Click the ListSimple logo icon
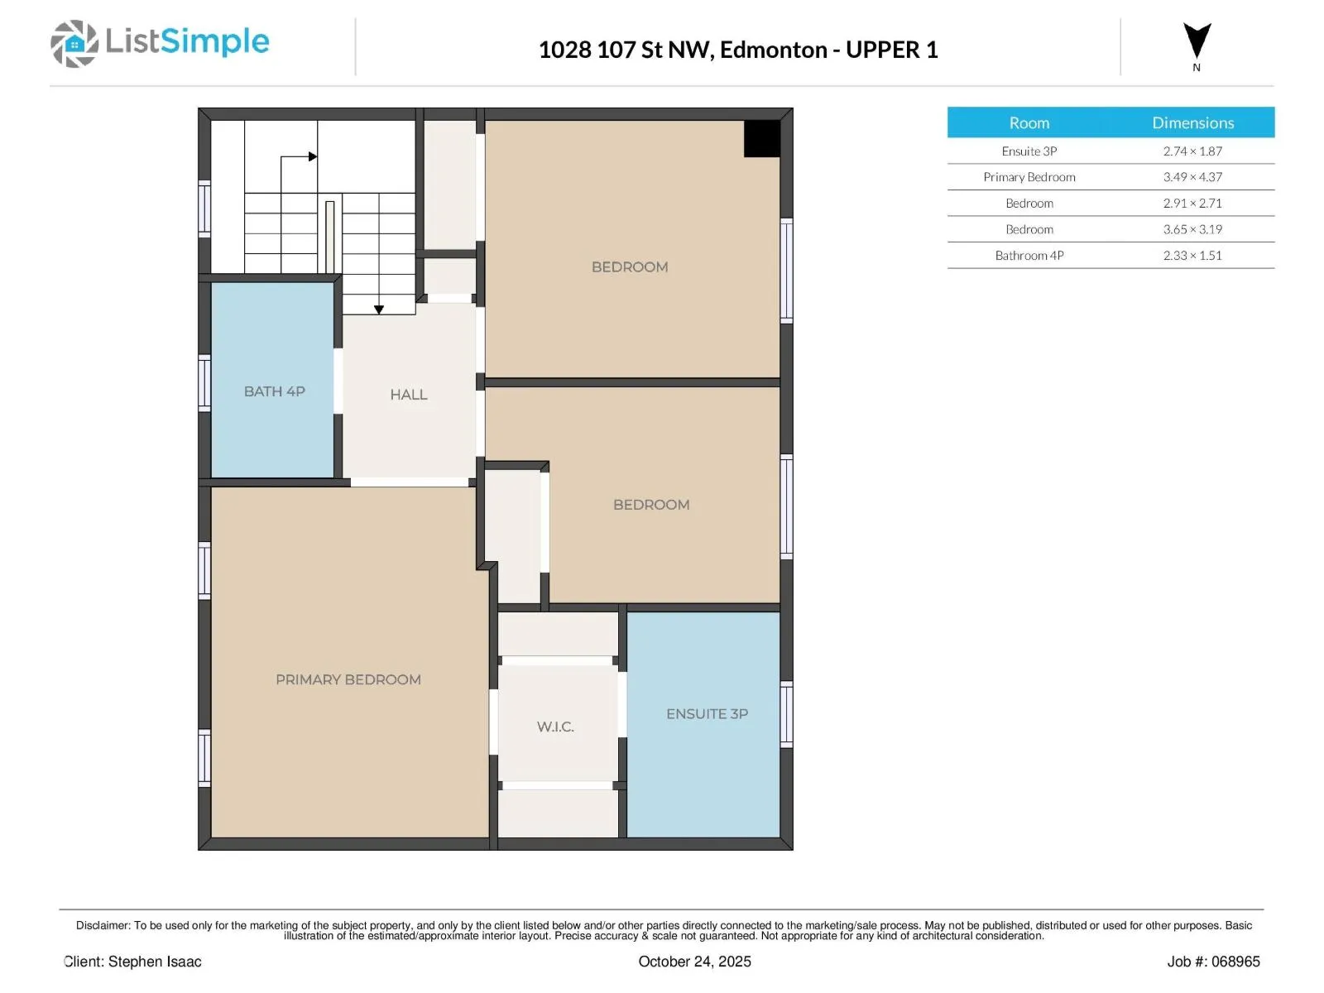pyautogui.click(x=74, y=43)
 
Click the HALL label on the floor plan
pyautogui.click(x=408, y=395)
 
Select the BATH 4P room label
pyautogui.click(x=275, y=391)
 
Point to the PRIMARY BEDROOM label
pyautogui.click(x=348, y=679)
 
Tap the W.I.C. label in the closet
pyautogui.click(x=555, y=727)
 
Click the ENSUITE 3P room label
pyautogui.click(x=707, y=714)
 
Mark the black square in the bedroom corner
pyautogui.click(x=762, y=139)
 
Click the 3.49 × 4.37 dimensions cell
pyautogui.click(x=1192, y=177)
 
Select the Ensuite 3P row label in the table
pyautogui.click(x=1029, y=151)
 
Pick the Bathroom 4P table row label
pyautogui.click(x=1029, y=256)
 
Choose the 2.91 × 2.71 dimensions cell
pyautogui.click(x=1192, y=204)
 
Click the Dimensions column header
pyautogui.click(x=1192, y=123)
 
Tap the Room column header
pyautogui.click(x=1029, y=123)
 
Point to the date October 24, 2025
pyautogui.click(x=694, y=962)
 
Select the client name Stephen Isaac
pyautogui.click(x=155, y=962)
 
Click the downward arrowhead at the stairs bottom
pyautogui.click(x=379, y=309)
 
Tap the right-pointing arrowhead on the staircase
pyautogui.click(x=313, y=156)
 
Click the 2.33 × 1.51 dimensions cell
pyautogui.click(x=1192, y=256)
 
